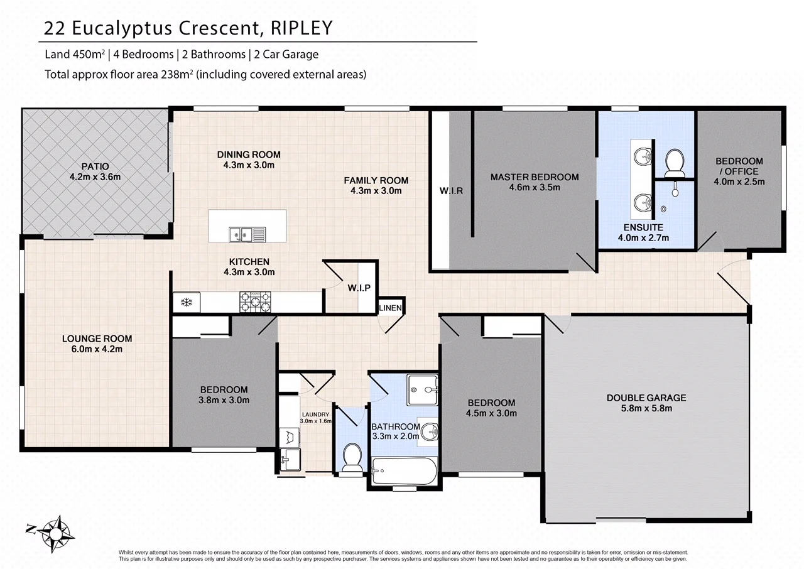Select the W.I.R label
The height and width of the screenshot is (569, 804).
[451, 190]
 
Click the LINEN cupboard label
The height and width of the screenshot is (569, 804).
[390, 307]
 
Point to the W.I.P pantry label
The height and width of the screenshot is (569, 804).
[359, 288]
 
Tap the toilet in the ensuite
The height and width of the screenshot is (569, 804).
[674, 161]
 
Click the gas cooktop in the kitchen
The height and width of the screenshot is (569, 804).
[256, 301]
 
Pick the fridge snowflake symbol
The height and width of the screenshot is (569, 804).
[186, 303]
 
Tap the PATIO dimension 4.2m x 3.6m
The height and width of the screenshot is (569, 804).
[95, 177]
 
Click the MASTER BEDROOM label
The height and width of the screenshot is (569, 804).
[535, 177]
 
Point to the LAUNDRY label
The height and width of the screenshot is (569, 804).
[315, 415]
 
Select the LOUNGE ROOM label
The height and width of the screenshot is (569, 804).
[97, 339]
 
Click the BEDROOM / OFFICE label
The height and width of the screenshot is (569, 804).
[739, 166]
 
